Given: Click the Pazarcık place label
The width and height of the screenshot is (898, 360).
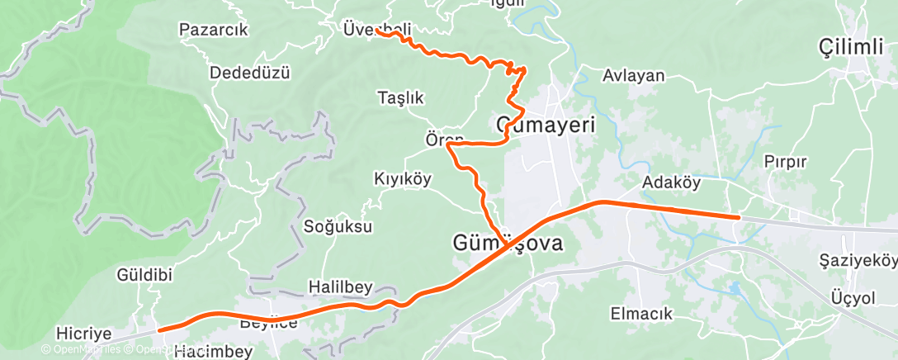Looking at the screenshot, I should click(x=214, y=31).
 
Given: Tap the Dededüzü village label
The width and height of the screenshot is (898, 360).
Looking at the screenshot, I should click(x=250, y=72).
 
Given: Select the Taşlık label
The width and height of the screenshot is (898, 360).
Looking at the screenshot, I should click(x=400, y=97).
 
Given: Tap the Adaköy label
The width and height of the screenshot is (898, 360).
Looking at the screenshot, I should click(x=670, y=182).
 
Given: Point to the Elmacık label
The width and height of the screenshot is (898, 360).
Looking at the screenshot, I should click(x=641, y=314).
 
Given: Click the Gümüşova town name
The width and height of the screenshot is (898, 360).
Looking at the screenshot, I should click(x=508, y=244).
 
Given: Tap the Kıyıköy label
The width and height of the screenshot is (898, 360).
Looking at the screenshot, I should click(x=403, y=179).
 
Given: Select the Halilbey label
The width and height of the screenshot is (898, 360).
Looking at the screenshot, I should click(x=340, y=287).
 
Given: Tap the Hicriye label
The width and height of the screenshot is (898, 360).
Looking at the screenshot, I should click(x=83, y=334).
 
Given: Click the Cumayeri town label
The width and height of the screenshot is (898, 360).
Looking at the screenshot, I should click(x=546, y=126).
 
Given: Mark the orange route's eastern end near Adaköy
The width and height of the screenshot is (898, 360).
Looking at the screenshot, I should click(x=738, y=217).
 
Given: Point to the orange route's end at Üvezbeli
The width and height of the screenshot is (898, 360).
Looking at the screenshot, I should click(x=376, y=30).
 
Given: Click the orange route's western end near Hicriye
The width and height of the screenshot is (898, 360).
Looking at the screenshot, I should click(x=159, y=329).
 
